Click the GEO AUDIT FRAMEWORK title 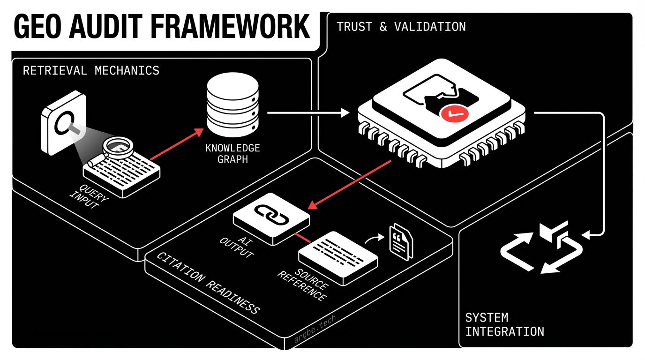162,27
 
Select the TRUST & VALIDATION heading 401,27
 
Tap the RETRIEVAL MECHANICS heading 91,71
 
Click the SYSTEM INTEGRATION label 504,324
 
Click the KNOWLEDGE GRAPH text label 232,154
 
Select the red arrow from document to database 173,146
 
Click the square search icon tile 63,124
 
